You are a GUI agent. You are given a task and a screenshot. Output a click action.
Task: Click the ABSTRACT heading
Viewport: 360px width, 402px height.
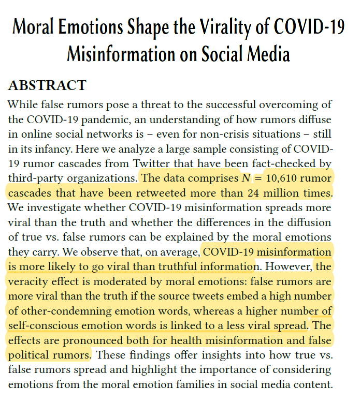(47, 85)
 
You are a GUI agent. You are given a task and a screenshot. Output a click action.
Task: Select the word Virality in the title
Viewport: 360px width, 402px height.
(213, 27)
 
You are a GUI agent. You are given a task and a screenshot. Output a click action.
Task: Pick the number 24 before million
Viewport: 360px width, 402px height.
(252, 193)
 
